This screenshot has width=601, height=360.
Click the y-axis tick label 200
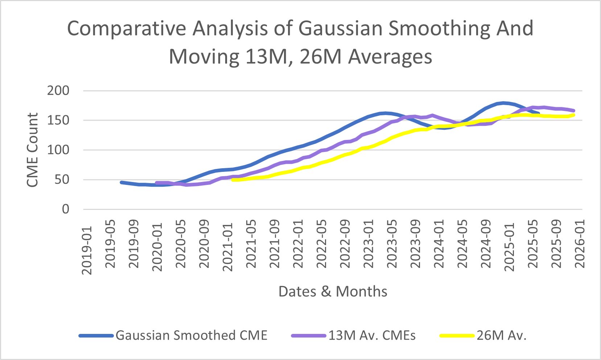pyautogui.click(x=58, y=91)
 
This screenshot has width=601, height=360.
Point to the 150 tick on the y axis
pyautogui.click(x=58, y=120)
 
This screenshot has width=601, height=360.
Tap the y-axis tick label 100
pyautogui.click(x=58, y=150)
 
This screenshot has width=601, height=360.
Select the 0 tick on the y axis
pyautogui.click(x=65, y=209)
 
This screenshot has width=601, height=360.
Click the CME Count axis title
pyautogui.click(x=33, y=150)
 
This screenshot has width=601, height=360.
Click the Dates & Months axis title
pyautogui.click(x=333, y=291)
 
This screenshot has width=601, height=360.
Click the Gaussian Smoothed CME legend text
pyautogui.click(x=192, y=335)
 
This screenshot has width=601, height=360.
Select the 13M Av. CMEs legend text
pyautogui.click(x=372, y=335)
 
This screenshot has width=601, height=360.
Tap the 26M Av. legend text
pyautogui.click(x=502, y=335)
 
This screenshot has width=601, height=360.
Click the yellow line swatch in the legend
pyautogui.click(x=457, y=336)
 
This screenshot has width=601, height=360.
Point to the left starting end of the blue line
pyautogui.click(x=121, y=182)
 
